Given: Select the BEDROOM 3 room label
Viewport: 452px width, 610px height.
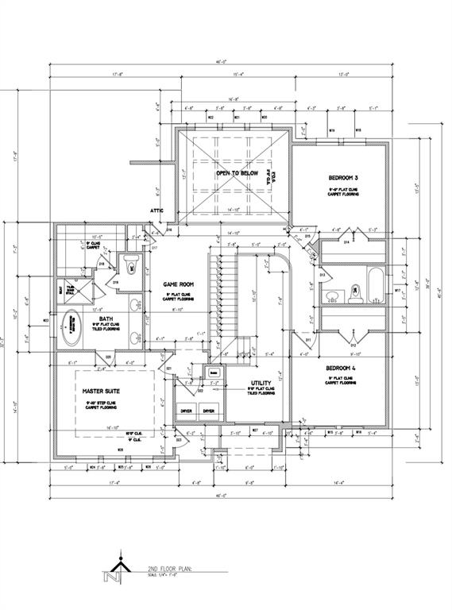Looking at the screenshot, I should coord(344,177).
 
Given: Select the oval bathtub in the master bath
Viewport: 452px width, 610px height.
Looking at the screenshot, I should coord(74,325).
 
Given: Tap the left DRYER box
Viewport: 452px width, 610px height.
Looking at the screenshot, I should coord(187,411).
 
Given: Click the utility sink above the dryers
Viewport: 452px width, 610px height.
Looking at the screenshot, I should coord(213,372).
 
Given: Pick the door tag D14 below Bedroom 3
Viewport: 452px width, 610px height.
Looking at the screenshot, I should coord(347,242).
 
